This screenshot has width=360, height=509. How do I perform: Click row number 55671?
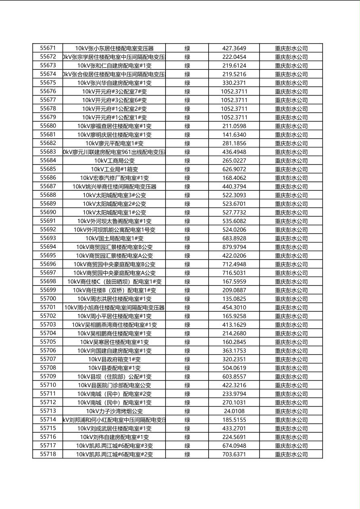point(48,48)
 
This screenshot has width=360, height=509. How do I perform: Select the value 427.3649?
point(234,48)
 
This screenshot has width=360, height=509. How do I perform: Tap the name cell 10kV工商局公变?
point(114,161)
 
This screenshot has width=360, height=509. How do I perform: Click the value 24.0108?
point(234,411)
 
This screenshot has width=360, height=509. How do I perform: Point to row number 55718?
point(48,455)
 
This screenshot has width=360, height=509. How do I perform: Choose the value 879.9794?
point(234,247)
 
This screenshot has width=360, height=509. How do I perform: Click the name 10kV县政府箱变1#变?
point(114,359)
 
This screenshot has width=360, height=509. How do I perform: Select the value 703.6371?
point(234,455)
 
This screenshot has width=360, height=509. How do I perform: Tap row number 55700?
point(48,299)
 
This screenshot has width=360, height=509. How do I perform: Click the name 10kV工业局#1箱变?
point(114,169)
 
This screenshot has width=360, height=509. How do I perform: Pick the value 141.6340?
point(234,135)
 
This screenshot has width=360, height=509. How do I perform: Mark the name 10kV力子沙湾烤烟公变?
point(114,411)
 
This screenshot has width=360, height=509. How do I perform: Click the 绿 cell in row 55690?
point(187,213)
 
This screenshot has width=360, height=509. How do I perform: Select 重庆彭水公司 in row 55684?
point(291,161)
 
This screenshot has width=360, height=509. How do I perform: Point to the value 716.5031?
point(234,273)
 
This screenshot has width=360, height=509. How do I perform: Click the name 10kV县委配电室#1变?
point(114,368)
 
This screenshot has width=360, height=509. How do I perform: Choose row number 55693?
point(48,238)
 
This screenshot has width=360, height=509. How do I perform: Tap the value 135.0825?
point(234,299)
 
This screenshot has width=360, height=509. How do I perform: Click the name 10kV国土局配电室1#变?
point(114,238)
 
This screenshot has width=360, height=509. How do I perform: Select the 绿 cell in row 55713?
point(187,411)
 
